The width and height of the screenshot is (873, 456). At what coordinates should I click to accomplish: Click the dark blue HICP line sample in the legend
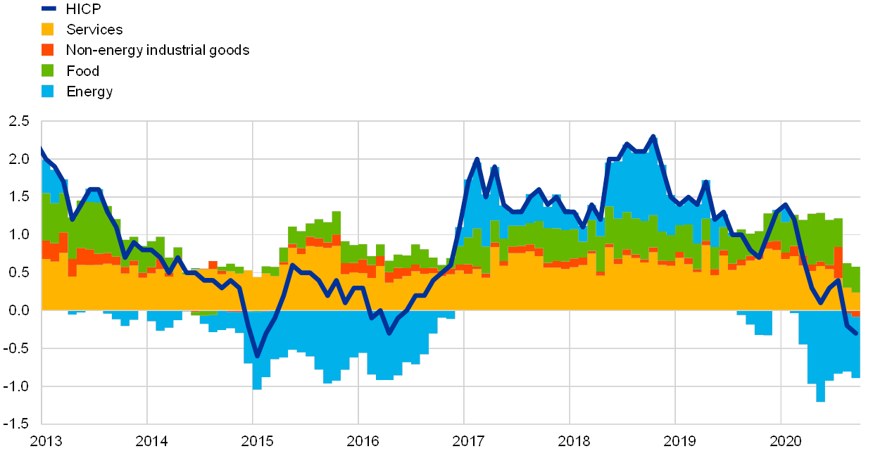[x=49, y=8]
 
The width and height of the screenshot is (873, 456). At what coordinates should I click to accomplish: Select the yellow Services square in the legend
[x=48, y=30]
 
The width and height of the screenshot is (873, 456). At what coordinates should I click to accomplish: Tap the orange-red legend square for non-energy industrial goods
[x=48, y=50]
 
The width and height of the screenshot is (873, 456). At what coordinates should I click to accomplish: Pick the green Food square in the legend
[x=48, y=70]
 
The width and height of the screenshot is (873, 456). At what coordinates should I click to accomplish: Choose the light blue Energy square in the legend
[x=48, y=91]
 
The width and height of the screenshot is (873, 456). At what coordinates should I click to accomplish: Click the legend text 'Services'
[x=95, y=30]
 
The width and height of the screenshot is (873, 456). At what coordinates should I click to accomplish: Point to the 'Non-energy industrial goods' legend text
[x=158, y=50]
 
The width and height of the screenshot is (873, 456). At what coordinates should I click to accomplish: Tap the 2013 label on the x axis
[x=46, y=441]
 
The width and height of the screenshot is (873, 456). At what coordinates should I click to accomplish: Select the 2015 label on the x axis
[x=257, y=441]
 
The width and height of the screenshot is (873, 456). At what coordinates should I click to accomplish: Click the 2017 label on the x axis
[x=468, y=441]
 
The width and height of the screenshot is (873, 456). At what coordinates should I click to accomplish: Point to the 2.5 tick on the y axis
[x=19, y=121]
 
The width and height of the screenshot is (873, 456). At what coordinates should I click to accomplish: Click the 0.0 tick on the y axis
[x=19, y=310]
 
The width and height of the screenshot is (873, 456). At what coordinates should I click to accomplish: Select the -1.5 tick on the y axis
[x=19, y=422]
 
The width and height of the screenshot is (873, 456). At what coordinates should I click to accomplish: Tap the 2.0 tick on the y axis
[x=19, y=159]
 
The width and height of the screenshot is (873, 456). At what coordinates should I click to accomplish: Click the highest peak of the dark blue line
[x=653, y=137]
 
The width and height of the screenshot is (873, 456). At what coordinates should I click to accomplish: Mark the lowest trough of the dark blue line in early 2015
[x=257, y=356]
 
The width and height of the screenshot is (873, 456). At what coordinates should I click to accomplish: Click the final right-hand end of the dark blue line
[x=856, y=334]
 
